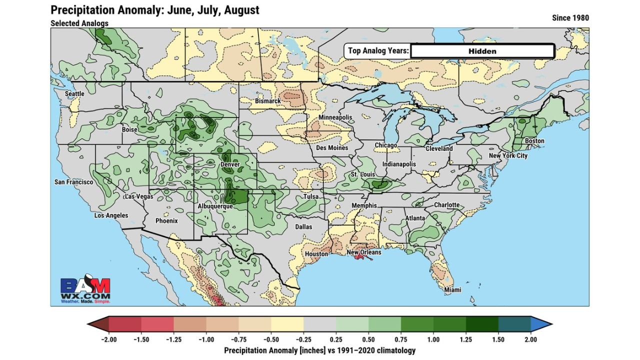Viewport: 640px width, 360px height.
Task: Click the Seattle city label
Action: [74, 93]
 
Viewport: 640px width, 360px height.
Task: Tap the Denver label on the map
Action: [230, 164]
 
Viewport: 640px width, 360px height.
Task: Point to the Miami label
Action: [453, 290]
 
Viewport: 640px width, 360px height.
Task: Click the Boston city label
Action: [534, 141]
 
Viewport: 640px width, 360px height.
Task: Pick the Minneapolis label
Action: [335, 117]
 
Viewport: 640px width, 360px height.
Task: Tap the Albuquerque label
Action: [215, 206]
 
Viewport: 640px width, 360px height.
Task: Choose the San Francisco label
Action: [73, 182]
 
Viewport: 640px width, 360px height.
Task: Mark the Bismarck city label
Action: [268, 101]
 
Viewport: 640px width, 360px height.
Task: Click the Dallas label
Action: [303, 226]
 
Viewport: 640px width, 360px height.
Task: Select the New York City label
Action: [508, 155]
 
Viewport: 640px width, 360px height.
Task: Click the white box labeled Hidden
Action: [482, 51]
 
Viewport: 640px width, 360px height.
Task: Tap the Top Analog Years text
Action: [378, 50]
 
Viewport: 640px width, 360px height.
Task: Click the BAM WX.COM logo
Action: [85, 290]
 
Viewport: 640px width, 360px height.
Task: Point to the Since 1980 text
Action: [570, 18]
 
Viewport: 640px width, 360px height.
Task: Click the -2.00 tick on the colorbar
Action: [109, 339]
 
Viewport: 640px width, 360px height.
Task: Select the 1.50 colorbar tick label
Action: [498, 339]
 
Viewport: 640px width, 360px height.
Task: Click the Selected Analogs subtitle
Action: [79, 23]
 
